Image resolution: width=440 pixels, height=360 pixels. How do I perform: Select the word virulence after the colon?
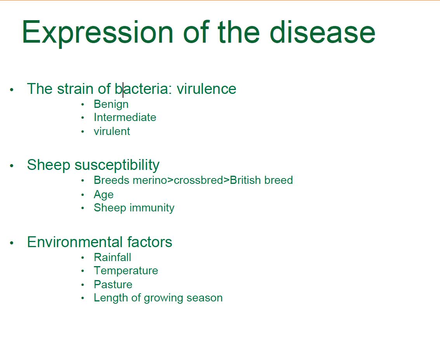206,89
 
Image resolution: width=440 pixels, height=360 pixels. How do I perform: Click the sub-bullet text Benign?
111,104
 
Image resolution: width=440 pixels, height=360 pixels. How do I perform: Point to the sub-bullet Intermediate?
125,117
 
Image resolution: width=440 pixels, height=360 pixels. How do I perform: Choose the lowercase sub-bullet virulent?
112,132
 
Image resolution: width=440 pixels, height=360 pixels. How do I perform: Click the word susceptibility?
117,165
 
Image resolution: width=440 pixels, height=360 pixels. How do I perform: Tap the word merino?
149,180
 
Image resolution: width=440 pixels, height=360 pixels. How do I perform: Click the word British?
245,180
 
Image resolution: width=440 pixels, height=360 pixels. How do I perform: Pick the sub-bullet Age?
104,195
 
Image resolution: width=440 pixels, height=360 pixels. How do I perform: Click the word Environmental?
75,242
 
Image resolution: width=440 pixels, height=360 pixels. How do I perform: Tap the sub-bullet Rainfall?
112,257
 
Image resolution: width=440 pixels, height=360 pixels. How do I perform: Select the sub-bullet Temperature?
126,270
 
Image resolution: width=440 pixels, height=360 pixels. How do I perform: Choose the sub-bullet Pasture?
113,284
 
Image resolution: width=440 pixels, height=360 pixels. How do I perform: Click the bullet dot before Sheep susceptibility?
12,166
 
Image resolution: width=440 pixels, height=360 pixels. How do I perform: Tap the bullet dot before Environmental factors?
12,243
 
